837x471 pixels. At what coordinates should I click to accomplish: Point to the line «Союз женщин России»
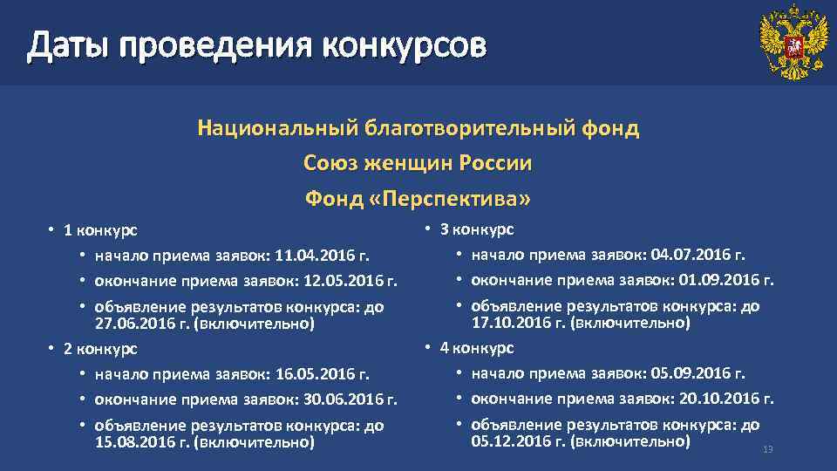(x=418, y=163)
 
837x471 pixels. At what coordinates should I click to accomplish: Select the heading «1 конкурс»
(x=98, y=230)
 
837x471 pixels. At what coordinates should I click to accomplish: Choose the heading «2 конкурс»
(x=98, y=349)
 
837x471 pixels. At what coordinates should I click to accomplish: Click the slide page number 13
(x=768, y=449)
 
